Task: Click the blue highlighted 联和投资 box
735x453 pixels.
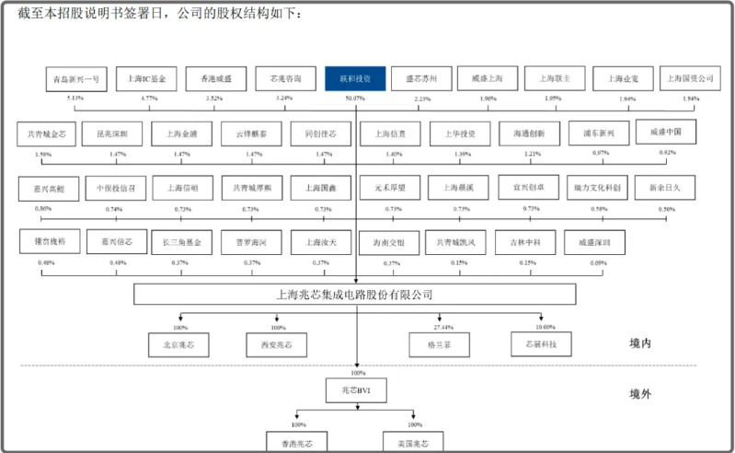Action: coord(355,79)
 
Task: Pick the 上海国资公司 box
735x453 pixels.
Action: coord(690,79)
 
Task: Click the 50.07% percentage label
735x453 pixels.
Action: coord(354,99)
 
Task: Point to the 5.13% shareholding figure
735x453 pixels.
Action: coord(75,99)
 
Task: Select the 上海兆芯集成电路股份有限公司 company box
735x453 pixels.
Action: coord(355,295)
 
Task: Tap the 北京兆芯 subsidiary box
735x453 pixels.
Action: coord(178,345)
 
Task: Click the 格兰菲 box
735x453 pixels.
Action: coord(439,345)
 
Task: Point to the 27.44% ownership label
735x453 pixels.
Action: coord(443,328)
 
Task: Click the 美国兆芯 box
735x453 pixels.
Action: coord(413,442)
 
